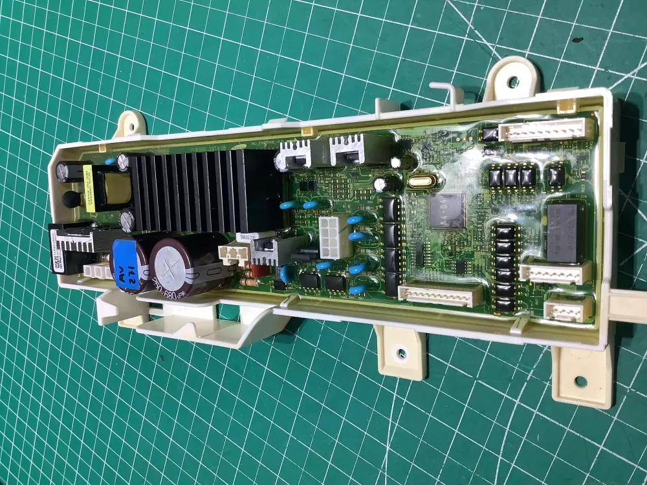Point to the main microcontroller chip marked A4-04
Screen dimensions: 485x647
[448, 210]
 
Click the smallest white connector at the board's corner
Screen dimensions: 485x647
[566, 309]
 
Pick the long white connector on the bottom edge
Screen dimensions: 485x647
[440, 295]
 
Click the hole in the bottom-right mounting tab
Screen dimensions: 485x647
[580, 381]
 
